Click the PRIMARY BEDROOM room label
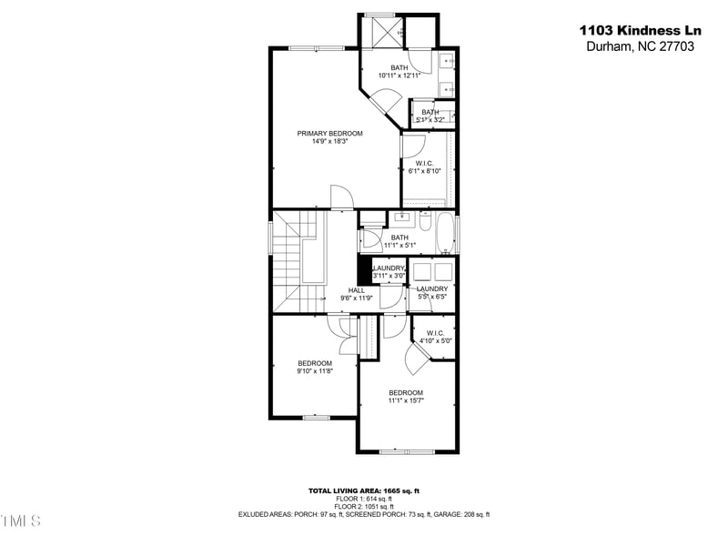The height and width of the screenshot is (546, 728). point(323,133)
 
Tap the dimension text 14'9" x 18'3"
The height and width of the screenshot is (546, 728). point(323,141)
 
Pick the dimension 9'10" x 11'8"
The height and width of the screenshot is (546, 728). point(315,370)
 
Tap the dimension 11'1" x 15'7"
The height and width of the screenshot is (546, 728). point(406,400)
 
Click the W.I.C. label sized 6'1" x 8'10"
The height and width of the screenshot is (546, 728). point(423,164)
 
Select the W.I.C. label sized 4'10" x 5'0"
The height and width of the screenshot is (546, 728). point(435,333)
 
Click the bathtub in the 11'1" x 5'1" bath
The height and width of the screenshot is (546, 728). point(446,234)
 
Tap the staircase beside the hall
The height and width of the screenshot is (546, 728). point(293,259)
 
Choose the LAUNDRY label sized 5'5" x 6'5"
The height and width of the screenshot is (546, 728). point(432,289)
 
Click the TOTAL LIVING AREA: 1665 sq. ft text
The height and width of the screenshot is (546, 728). point(363,490)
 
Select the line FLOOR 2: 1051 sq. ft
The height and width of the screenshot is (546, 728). point(363,507)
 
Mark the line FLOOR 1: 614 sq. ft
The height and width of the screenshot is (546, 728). point(363,499)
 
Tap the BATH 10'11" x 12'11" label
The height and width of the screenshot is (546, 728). point(399,67)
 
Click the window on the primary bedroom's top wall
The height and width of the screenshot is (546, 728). point(316,47)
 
